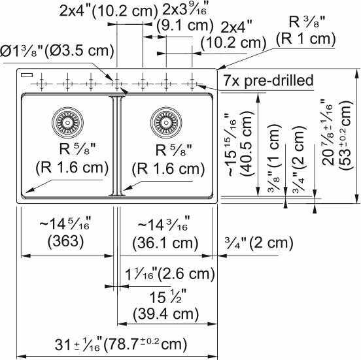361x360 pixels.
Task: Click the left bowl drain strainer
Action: click(65, 121)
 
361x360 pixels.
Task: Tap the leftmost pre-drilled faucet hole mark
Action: click(41, 84)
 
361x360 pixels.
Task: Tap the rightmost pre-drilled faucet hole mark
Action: click(192, 83)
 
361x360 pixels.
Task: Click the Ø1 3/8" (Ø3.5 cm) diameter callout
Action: click(58, 50)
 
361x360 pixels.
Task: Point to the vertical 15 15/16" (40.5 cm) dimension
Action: click(238, 143)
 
